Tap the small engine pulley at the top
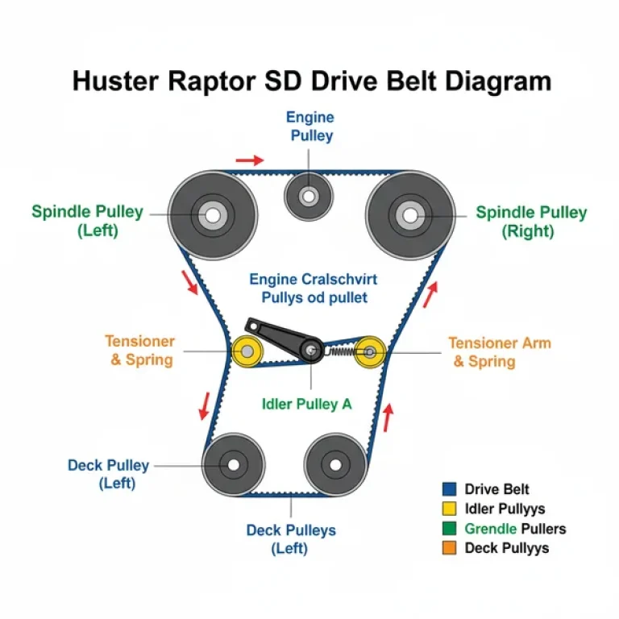tap(309, 196)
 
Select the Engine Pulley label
tap(310, 127)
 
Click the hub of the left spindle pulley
tap(213, 215)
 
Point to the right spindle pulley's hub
tap(410, 215)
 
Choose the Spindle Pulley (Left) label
tap(87, 222)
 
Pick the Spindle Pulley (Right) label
tap(531, 222)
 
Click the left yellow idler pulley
tap(244, 351)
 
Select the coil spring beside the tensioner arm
tap(342, 351)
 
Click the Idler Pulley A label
tap(307, 405)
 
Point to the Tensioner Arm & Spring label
tap(500, 351)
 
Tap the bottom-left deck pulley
tap(234, 464)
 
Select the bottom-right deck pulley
tap(335, 464)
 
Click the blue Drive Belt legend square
tap(450, 488)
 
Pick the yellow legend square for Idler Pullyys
tap(450, 509)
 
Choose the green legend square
tap(450, 529)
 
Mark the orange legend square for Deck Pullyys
tap(450, 548)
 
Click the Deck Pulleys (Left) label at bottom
tap(291, 539)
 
